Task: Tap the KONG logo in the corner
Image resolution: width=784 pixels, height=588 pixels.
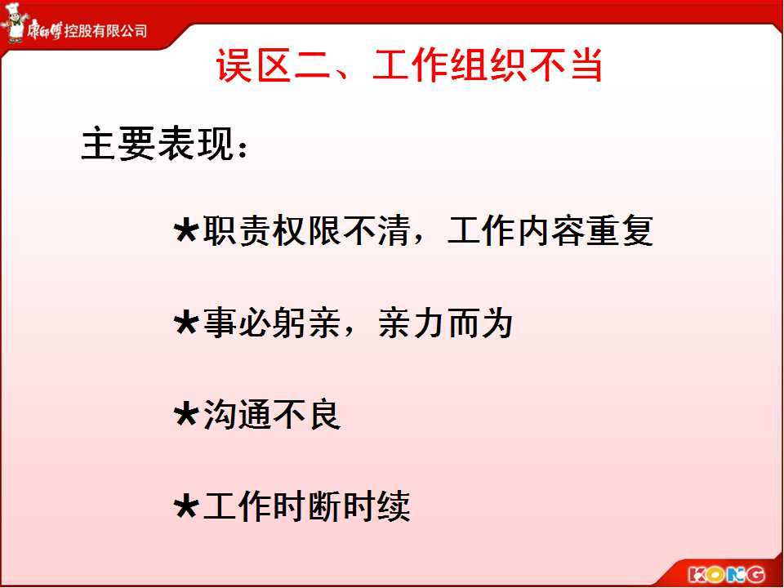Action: (726, 574)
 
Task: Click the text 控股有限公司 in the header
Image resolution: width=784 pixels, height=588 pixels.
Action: (105, 31)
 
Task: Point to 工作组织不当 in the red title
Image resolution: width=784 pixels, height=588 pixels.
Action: (487, 65)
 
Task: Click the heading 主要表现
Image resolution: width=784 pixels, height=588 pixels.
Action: (158, 145)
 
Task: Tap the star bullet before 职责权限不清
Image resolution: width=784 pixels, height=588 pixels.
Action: (186, 230)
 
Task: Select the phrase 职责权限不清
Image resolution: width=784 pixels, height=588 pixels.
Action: (306, 230)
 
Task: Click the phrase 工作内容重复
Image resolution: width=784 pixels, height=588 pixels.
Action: (550, 230)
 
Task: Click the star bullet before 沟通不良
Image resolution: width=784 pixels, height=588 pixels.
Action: (186, 415)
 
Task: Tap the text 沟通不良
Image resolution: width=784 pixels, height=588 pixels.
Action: (271, 415)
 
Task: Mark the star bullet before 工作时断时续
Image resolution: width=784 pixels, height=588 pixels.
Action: (186, 506)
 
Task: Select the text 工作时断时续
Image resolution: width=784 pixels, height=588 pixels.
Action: (306, 506)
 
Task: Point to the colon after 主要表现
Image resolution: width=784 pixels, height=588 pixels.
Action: (243, 148)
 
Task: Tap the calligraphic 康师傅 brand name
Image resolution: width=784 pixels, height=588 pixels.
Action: (44, 30)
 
